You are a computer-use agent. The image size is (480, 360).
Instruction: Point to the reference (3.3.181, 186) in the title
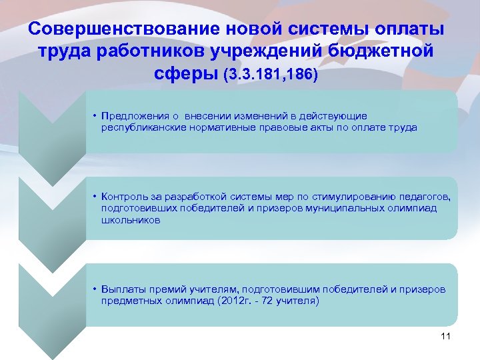273,74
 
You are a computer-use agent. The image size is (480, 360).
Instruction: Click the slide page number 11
446,336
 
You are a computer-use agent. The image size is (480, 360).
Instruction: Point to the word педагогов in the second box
425,196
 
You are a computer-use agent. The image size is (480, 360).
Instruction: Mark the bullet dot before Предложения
95,116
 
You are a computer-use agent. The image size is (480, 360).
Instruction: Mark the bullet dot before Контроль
95,196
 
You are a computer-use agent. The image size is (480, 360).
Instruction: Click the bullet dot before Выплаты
95,289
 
